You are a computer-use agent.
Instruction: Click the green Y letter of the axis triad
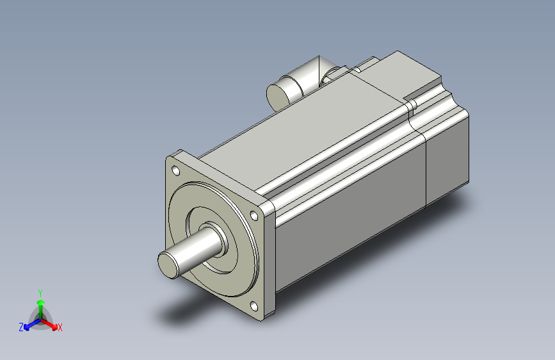click(40, 292)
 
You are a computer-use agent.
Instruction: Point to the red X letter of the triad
click(60, 328)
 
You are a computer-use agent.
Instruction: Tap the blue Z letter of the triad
click(21, 327)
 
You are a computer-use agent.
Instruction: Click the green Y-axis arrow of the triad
click(40, 304)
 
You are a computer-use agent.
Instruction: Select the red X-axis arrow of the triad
click(51, 323)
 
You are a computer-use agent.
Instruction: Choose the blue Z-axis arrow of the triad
click(29, 324)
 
